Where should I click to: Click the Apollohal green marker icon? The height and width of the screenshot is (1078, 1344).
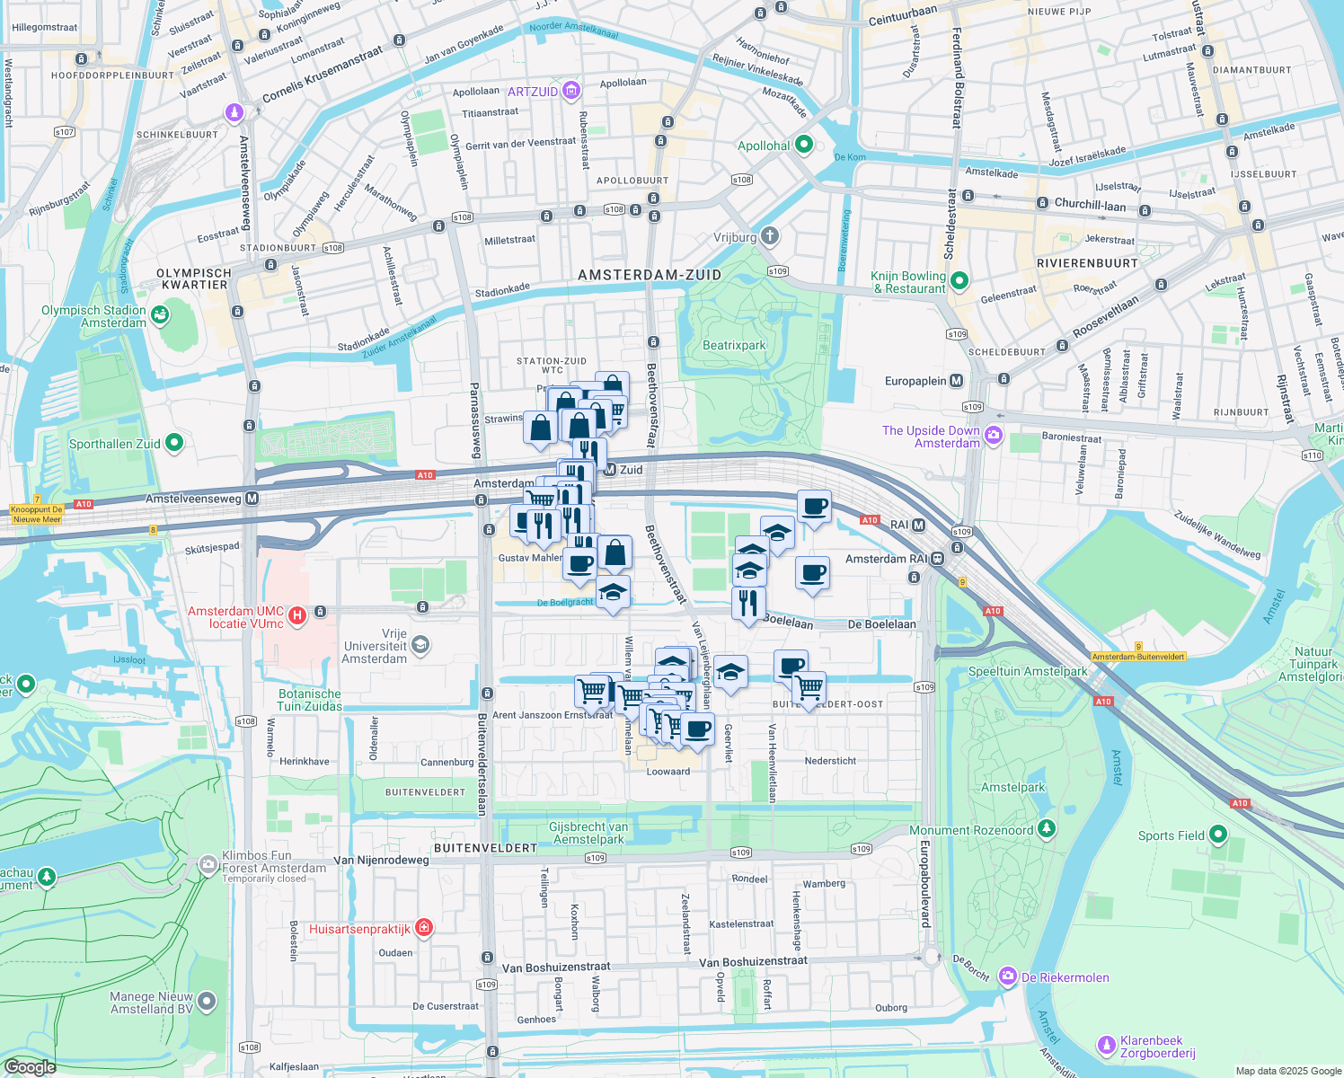click(x=804, y=144)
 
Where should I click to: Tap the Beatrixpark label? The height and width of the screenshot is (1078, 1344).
click(x=734, y=346)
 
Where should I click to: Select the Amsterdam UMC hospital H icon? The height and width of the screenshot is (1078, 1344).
click(x=297, y=616)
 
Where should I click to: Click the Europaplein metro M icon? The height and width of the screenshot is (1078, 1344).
click(x=956, y=381)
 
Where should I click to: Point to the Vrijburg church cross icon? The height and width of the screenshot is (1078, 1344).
click(x=770, y=236)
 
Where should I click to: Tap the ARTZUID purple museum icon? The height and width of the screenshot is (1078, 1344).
click(x=571, y=91)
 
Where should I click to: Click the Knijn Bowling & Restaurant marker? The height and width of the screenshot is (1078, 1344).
click(x=959, y=281)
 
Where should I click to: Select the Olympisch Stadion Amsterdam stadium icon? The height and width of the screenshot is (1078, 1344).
click(x=160, y=314)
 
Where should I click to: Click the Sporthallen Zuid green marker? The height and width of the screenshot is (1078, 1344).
click(x=174, y=442)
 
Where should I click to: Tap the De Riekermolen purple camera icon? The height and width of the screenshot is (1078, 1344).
click(x=1008, y=976)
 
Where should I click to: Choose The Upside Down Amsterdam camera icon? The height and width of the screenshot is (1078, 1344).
click(x=994, y=436)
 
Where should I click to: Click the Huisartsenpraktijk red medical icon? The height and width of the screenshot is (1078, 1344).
click(x=424, y=928)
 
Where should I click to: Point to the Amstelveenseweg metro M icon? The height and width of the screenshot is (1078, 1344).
click(x=252, y=498)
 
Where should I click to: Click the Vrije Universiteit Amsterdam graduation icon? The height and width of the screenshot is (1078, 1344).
click(x=420, y=645)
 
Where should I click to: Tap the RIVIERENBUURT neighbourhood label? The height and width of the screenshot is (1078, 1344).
click(x=1087, y=263)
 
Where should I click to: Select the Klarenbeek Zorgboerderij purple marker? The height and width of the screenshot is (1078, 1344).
click(x=1107, y=1045)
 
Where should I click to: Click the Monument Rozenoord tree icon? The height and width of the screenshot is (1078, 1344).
click(x=1047, y=828)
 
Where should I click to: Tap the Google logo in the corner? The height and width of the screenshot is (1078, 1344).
click(x=30, y=1066)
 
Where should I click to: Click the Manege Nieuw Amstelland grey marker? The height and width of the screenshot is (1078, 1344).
click(x=208, y=1001)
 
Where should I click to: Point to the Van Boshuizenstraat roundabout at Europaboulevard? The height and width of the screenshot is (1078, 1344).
click(x=931, y=957)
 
